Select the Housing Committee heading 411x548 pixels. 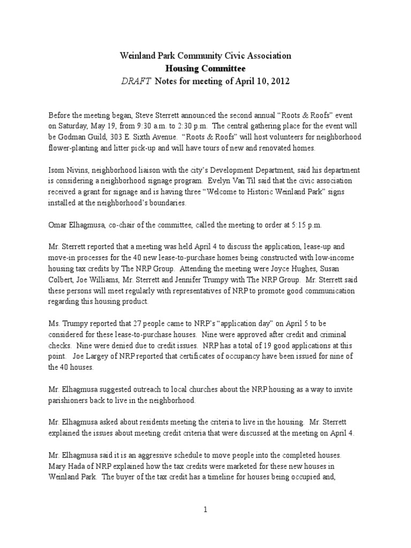tap(205, 68)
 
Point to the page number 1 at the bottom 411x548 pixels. tap(205, 510)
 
